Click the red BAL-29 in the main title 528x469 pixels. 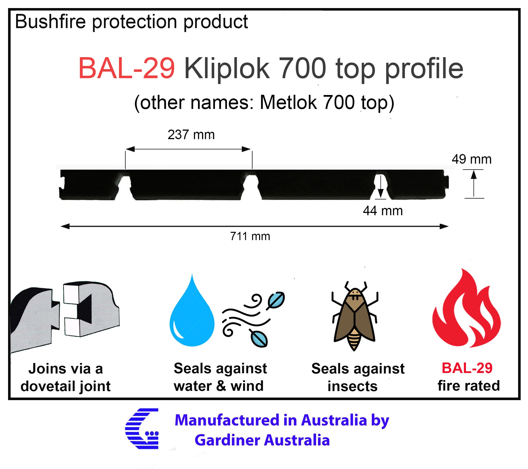click(x=127, y=68)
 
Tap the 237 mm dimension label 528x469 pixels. click(x=191, y=135)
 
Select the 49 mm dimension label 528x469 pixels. click(x=472, y=159)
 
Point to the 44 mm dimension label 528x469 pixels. click(x=383, y=211)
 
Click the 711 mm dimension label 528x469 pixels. click(x=250, y=236)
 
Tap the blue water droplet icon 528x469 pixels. click(x=192, y=310)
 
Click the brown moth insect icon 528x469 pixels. click(x=355, y=316)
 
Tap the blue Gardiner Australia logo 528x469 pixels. click(x=142, y=429)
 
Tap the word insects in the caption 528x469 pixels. click(x=352, y=386)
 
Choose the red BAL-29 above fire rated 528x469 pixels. click(x=467, y=368)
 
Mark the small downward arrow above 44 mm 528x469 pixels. click(x=381, y=187)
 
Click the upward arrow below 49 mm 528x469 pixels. click(x=473, y=183)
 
